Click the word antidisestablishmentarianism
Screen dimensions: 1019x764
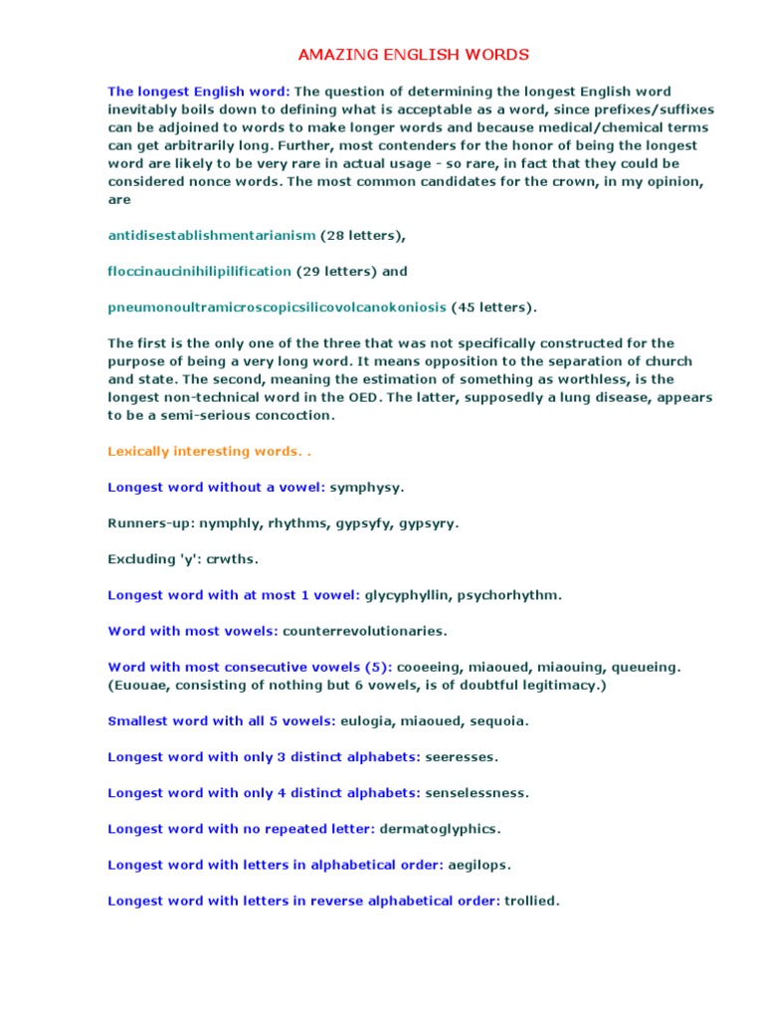tap(211, 236)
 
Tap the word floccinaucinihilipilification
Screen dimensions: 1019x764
tap(199, 272)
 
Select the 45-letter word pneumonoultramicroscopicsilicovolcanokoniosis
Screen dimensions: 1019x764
tap(278, 307)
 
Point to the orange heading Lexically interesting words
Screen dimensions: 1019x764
tap(207, 452)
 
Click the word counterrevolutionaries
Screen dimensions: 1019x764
tap(365, 631)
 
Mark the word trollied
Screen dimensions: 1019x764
tap(531, 901)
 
